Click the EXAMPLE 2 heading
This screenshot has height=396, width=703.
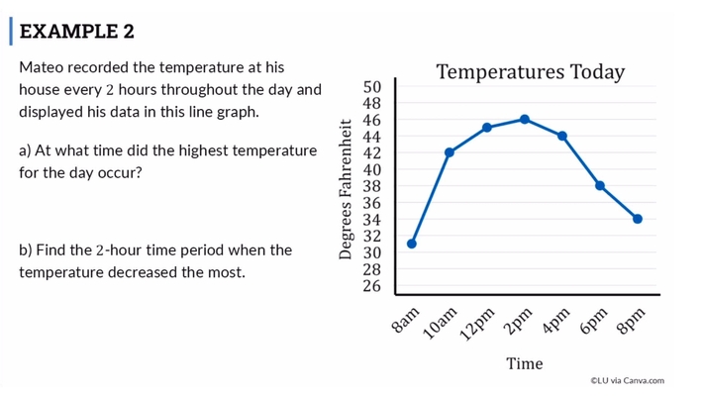[77, 31]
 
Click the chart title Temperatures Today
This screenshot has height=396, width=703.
[530, 72]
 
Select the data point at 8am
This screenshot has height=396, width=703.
[411, 244]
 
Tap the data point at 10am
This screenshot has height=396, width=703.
[450, 152]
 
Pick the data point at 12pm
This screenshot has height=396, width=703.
[487, 128]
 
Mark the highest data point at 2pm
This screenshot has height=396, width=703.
[525, 119]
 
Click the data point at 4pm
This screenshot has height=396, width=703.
[562, 136]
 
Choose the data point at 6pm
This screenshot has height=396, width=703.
[600, 185]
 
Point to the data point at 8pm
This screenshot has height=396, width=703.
[638, 219]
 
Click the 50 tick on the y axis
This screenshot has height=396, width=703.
[371, 87]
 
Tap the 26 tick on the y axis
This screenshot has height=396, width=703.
[371, 286]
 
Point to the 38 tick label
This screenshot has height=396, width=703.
[371, 186]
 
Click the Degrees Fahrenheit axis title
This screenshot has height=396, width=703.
[346, 188]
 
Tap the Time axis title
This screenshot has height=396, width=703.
[524, 363]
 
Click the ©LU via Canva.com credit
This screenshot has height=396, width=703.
[627, 380]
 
